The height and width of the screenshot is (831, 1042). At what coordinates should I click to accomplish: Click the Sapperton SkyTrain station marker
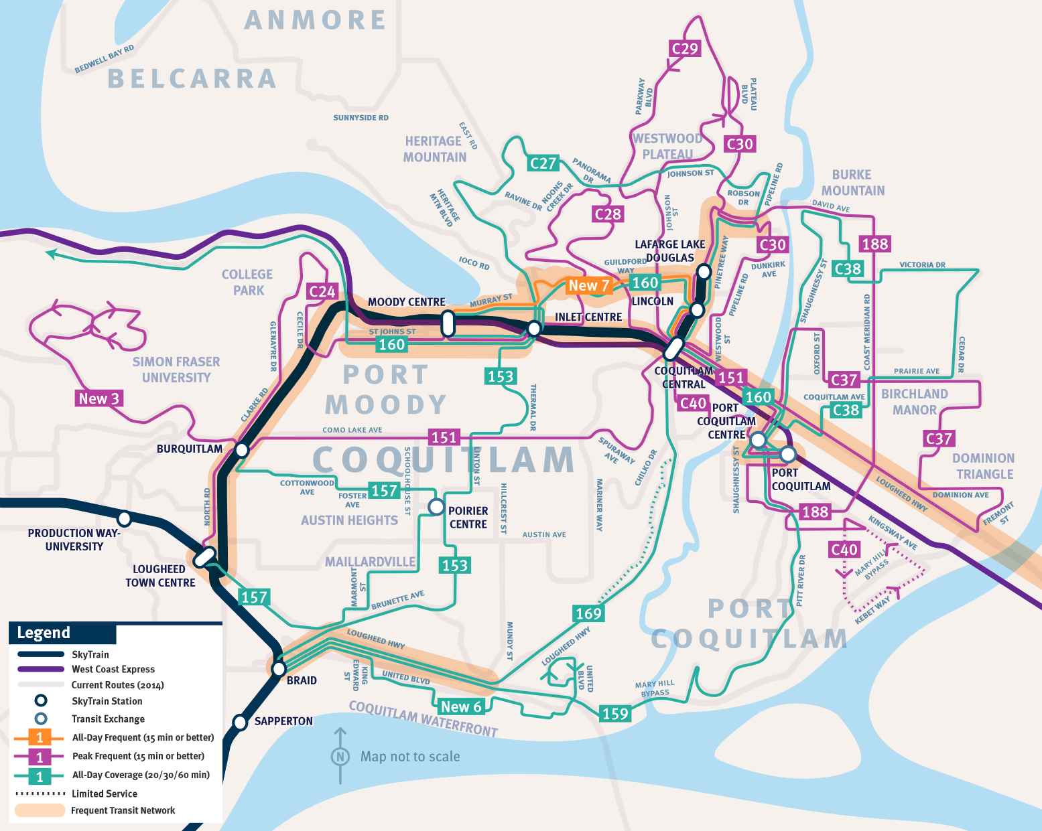[240, 722]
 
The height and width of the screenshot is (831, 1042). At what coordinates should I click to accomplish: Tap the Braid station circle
[279, 668]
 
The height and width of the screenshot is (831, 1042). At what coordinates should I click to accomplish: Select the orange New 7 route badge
[588, 285]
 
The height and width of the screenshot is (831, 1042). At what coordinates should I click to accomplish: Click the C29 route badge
[685, 48]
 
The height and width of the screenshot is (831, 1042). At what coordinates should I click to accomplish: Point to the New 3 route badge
[99, 398]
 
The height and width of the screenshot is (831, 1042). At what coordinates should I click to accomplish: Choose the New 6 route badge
[461, 706]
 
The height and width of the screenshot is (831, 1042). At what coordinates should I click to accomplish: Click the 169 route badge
[588, 613]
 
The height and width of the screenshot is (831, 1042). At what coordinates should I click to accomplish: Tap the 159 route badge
[615, 714]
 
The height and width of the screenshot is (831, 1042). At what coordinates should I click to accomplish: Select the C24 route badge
[322, 291]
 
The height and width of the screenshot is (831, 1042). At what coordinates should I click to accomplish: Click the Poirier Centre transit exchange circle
[436, 507]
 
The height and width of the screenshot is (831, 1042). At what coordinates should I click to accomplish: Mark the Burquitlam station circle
[242, 449]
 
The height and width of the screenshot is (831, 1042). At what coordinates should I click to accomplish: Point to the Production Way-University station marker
[124, 518]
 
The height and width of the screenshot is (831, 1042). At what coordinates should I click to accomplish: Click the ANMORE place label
[315, 20]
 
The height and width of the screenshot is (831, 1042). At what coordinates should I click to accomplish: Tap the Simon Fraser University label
[176, 370]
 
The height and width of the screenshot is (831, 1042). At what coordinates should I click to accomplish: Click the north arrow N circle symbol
[340, 757]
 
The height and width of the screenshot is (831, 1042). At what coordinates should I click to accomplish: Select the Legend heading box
[62, 633]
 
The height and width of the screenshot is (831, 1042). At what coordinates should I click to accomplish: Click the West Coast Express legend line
[40, 669]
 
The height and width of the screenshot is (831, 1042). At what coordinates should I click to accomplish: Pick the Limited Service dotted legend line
[40, 794]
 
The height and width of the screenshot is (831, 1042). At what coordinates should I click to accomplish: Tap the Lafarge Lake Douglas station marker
[704, 271]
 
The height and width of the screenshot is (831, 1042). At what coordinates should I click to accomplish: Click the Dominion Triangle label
[983, 466]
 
